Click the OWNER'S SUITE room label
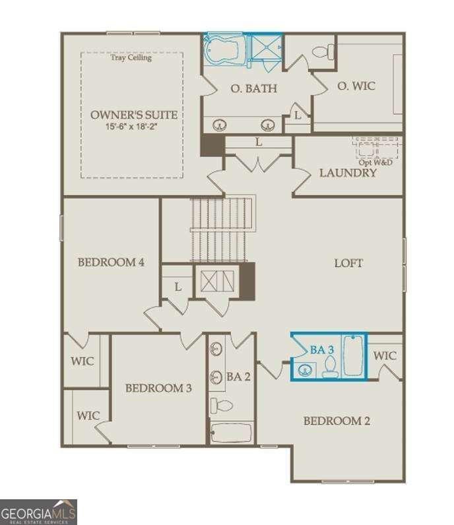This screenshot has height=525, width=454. [x=134, y=115]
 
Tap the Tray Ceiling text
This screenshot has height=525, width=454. [x=131, y=58]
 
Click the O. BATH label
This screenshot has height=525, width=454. [x=253, y=88]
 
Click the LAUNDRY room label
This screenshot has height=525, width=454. [x=348, y=173]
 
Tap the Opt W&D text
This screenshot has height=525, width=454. [x=375, y=162]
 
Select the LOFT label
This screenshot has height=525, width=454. [x=348, y=263]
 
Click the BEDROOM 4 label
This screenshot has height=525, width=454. [x=111, y=262]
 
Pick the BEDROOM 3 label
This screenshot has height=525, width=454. [x=158, y=388]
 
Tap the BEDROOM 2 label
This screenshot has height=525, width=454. [x=337, y=421]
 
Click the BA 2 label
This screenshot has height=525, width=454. [x=238, y=377]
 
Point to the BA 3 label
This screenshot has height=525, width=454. [x=321, y=350]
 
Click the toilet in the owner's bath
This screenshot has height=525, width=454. [x=323, y=51]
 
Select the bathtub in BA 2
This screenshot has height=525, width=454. [x=231, y=433]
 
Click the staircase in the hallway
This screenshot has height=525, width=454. [x=223, y=228]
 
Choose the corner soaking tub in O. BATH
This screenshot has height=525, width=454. [x=222, y=51]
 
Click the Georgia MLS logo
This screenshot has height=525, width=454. [x=38, y=512]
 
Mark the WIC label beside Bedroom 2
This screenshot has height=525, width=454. [x=385, y=356]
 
